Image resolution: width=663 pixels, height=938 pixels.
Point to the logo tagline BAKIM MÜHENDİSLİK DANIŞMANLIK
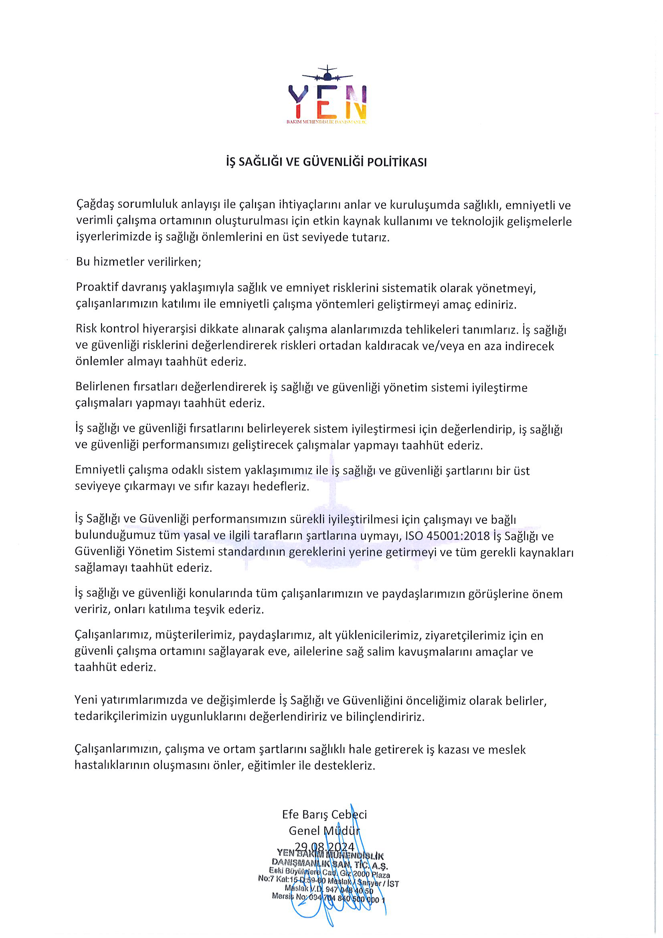click(x=327, y=122)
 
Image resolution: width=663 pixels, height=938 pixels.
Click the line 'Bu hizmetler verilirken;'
click(x=138, y=262)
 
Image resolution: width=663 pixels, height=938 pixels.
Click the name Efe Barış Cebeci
click(x=325, y=814)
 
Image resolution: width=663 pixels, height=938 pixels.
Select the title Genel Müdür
click(x=325, y=831)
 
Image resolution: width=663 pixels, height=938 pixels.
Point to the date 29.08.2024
click(x=325, y=847)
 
